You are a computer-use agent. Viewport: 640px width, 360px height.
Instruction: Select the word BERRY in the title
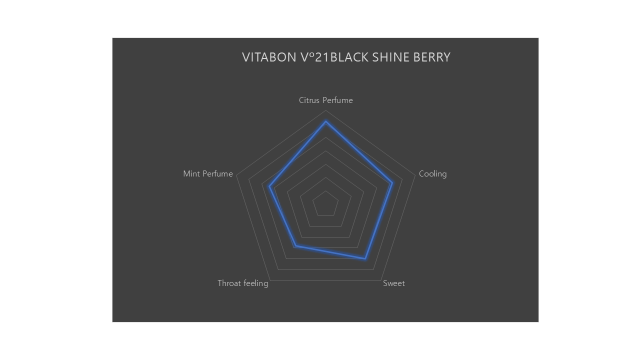tap(432, 57)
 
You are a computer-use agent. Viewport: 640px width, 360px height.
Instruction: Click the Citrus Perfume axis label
tap(325, 100)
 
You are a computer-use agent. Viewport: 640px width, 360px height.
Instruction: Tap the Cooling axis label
tap(432, 174)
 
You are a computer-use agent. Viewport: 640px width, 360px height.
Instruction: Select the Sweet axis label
tap(394, 283)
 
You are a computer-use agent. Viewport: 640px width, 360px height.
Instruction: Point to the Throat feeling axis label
tap(242, 283)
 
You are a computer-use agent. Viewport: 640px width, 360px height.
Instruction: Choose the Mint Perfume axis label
tap(208, 174)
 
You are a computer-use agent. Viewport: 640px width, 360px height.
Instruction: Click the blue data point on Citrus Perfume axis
tap(326, 121)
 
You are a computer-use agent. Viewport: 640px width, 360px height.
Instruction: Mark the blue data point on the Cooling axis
tap(392, 183)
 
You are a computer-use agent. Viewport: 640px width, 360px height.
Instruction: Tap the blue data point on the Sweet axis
tap(365, 258)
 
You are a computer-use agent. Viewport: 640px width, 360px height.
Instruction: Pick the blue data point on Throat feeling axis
tap(295, 245)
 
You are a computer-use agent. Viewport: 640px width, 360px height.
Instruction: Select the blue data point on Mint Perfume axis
tap(269, 187)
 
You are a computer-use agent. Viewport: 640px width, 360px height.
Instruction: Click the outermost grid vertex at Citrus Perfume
tap(326, 110)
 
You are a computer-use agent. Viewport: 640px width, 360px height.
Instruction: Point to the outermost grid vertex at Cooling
tap(415, 175)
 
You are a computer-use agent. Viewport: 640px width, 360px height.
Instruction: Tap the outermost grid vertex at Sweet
tap(381, 280)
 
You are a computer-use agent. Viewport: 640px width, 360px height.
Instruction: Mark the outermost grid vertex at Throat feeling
tap(270, 280)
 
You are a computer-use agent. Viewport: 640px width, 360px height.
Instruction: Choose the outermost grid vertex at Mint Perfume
tap(236, 175)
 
